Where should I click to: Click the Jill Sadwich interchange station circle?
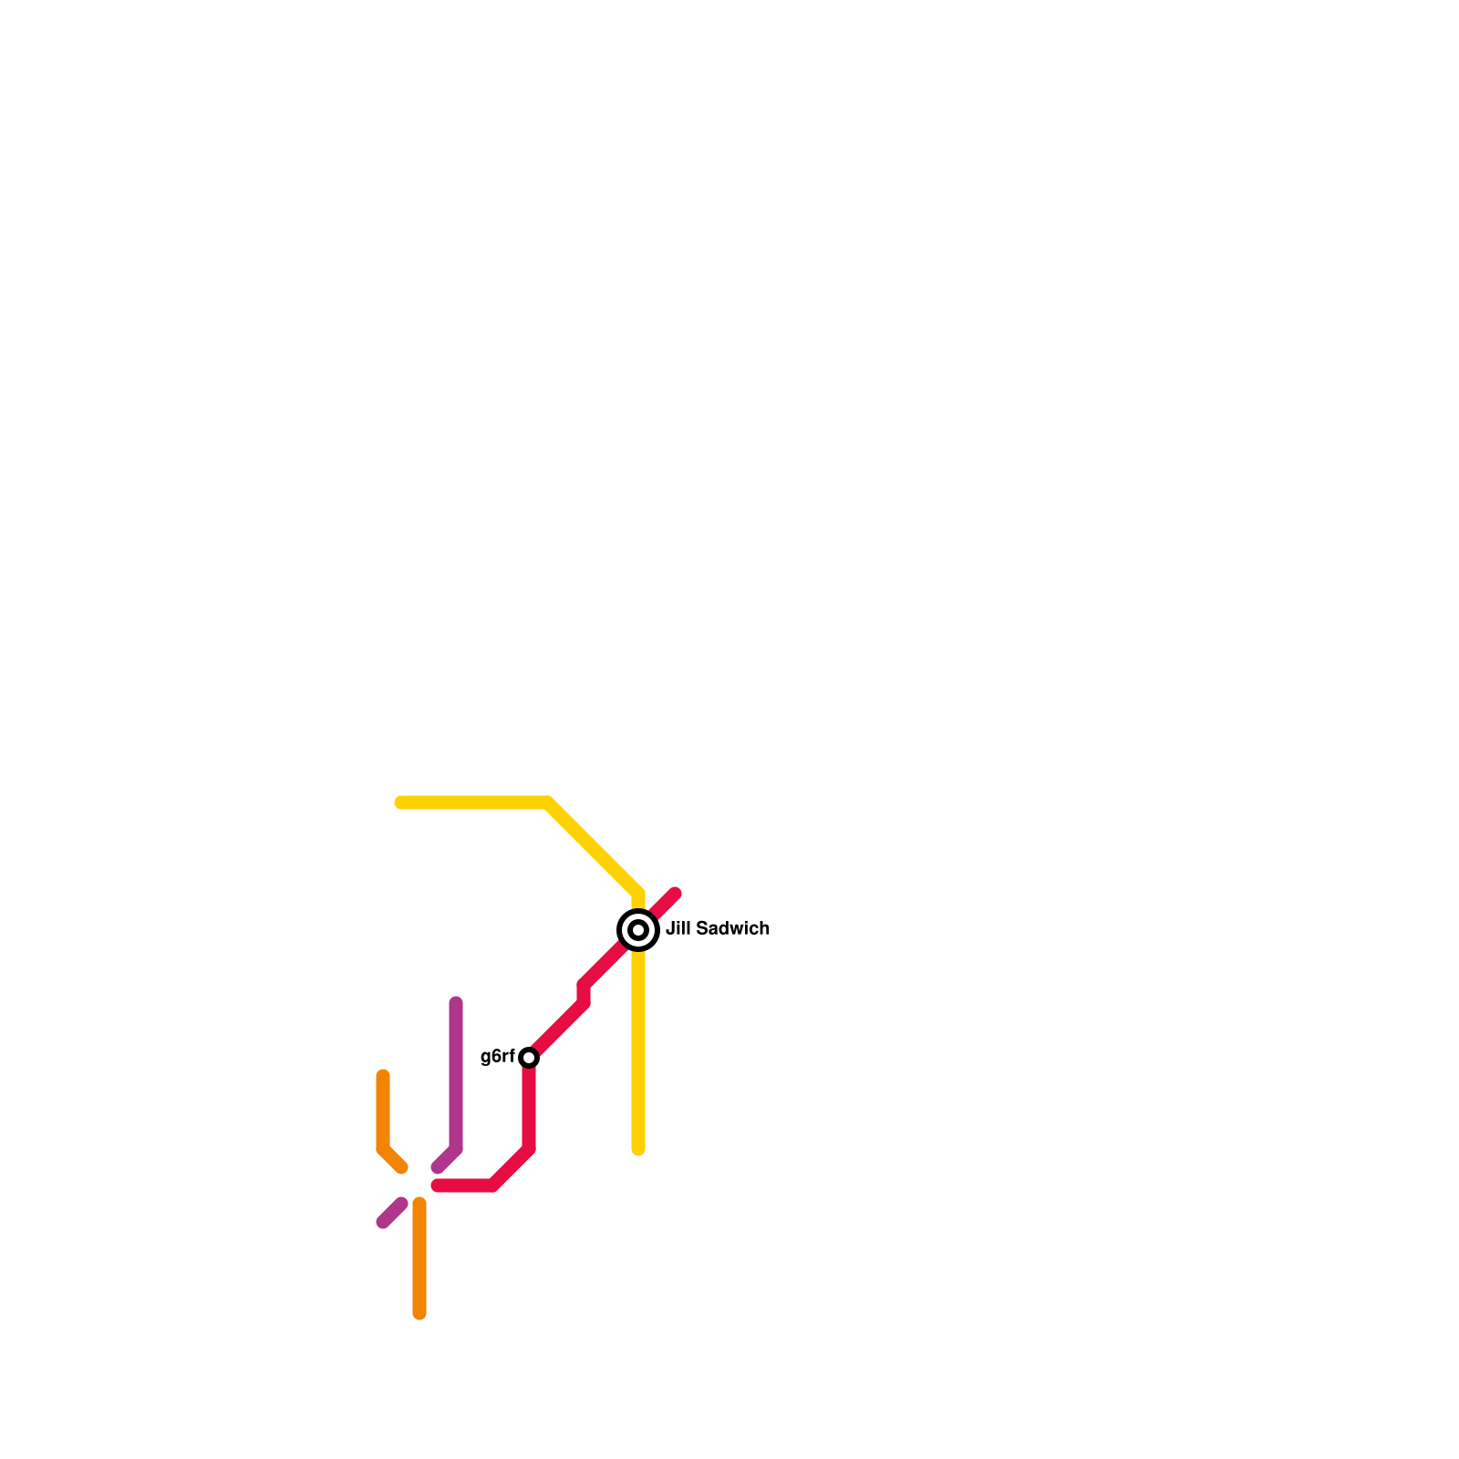click(638, 930)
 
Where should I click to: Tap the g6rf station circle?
click(529, 1058)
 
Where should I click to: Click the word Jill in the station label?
click(678, 929)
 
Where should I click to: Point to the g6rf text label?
click(497, 1057)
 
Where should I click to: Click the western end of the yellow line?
click(400, 802)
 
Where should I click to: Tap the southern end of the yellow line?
click(638, 1149)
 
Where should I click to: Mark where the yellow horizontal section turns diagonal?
click(548, 802)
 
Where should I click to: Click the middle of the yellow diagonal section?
click(593, 847)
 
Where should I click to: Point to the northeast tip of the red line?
click(676, 894)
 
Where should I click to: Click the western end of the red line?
click(438, 1185)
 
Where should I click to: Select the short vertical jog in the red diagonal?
click(584, 994)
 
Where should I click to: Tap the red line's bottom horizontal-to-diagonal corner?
click(493, 1185)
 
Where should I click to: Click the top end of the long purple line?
click(456, 1003)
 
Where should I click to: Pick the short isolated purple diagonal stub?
click(392, 1214)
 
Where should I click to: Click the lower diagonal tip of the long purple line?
click(438, 1168)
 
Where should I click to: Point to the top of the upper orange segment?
click(383, 1076)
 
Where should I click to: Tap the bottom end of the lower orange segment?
click(419, 1313)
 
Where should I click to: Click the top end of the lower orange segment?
click(419, 1204)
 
